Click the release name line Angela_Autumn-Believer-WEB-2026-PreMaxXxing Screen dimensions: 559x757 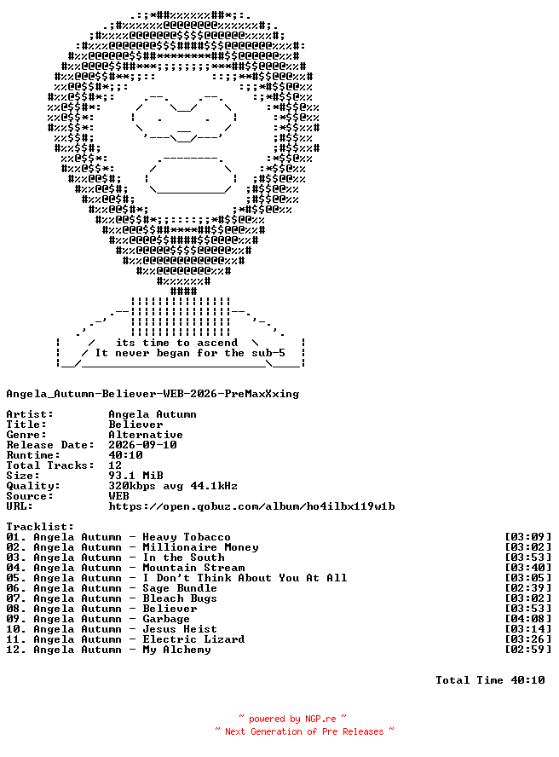(153, 394)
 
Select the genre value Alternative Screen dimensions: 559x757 (146, 435)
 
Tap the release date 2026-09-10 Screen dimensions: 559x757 (142, 445)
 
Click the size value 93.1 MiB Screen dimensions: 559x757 (135, 476)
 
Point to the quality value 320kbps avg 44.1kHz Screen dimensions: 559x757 (173, 486)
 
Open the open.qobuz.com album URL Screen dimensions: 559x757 (251, 506)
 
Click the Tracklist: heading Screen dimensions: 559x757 (40, 527)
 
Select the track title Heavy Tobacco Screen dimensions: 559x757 (187, 537)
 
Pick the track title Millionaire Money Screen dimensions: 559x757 (200, 547)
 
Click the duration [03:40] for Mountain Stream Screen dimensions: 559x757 (527, 568)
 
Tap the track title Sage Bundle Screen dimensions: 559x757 (180, 588)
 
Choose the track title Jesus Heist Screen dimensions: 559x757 (180, 629)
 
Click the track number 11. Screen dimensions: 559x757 (13, 639)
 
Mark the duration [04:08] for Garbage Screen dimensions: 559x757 (527, 619)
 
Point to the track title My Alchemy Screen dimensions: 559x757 (176, 650)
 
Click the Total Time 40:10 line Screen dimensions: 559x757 (490, 680)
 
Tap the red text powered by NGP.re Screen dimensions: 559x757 (292, 719)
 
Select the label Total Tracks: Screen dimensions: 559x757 (50, 465)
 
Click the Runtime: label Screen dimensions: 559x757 (33, 455)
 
